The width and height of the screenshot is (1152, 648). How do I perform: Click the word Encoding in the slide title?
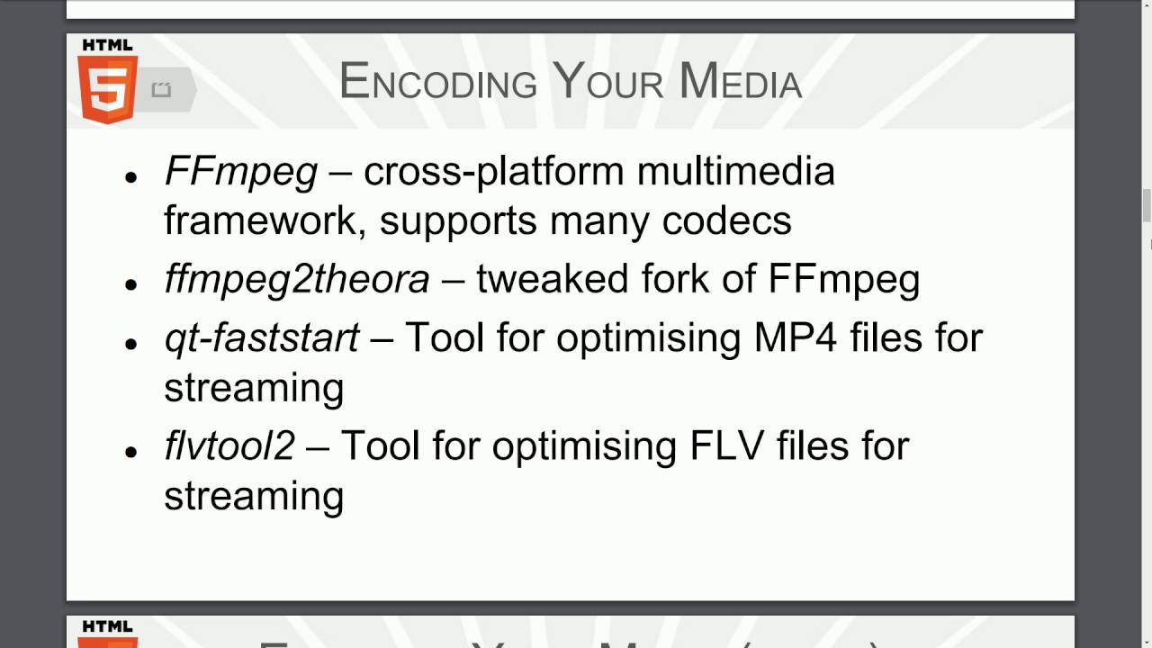(x=437, y=82)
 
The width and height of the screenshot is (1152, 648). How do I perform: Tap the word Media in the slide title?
(x=740, y=82)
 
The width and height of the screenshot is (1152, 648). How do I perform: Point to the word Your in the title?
(x=607, y=82)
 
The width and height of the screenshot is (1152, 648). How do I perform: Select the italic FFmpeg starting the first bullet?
(x=240, y=172)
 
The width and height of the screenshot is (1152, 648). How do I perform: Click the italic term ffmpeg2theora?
(x=297, y=280)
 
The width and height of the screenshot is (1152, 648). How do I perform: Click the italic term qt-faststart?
(x=262, y=337)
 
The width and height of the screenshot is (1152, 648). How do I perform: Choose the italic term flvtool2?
(x=229, y=445)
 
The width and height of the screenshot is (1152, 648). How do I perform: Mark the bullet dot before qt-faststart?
(x=131, y=343)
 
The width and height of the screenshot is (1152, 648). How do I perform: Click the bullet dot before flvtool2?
(x=131, y=451)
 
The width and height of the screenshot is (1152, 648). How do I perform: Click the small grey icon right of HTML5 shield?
(x=161, y=89)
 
